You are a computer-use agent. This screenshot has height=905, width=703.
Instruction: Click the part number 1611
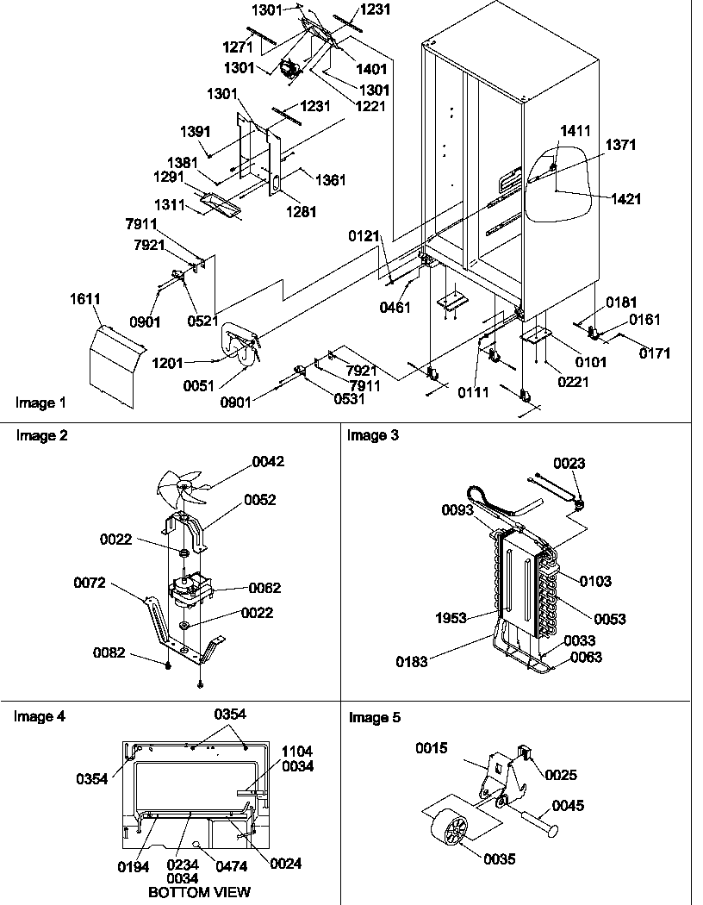tap(84, 299)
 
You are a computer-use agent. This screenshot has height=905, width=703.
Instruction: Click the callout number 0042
tap(268, 462)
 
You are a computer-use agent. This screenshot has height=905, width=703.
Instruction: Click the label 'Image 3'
tap(373, 436)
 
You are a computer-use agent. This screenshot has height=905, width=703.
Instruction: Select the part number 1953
tap(451, 618)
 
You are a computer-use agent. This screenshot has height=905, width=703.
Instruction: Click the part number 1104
tap(298, 752)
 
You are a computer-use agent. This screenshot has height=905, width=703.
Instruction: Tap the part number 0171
tap(654, 353)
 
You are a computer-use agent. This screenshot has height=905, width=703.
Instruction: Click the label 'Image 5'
tap(375, 718)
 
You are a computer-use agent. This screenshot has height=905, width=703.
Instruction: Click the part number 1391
tap(196, 132)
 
